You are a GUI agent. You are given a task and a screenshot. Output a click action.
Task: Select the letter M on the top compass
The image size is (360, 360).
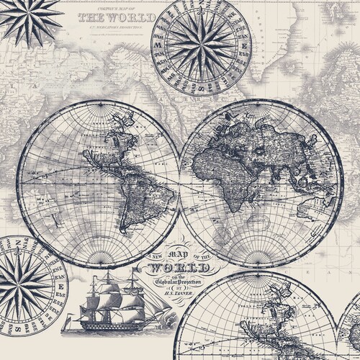click(158, 43)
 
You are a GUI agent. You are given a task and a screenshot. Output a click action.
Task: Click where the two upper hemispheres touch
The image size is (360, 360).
click(180, 180)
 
